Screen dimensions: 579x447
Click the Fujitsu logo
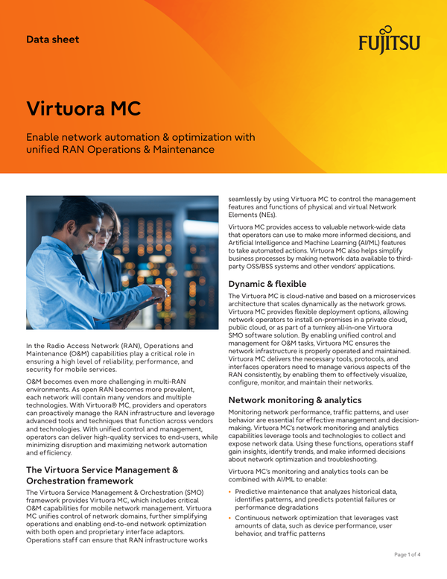[388, 42]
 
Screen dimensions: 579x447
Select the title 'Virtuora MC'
[83, 108]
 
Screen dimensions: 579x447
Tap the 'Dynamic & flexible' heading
[278, 284]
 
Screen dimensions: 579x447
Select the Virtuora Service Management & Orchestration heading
[102, 475]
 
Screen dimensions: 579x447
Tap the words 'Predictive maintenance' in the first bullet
[273, 491]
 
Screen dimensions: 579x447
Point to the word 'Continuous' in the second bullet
[256, 517]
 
